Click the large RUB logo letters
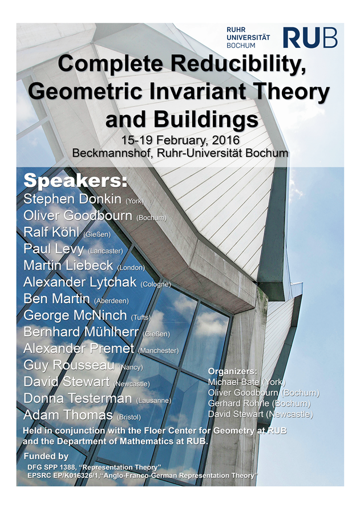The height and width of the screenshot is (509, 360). pyautogui.click(x=310, y=38)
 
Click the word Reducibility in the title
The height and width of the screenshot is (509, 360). pyautogui.click(x=236, y=64)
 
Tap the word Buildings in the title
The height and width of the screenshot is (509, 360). pyautogui.click(x=207, y=120)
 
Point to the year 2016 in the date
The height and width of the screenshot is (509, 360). pyautogui.click(x=226, y=140)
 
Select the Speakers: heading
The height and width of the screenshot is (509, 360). pyautogui.click(x=75, y=181)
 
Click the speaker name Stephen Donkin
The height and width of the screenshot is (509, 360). pyautogui.click(x=72, y=199)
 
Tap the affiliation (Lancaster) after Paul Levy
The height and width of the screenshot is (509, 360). pyautogui.click(x=106, y=251)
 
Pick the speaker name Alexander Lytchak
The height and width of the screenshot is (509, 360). pyautogui.click(x=80, y=282)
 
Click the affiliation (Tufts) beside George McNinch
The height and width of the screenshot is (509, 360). pyautogui.click(x=141, y=317)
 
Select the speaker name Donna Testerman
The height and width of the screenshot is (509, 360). pyautogui.click(x=78, y=398)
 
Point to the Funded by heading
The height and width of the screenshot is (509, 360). pyautogui.click(x=46, y=456)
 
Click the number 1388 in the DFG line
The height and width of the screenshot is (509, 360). pyautogui.click(x=66, y=467)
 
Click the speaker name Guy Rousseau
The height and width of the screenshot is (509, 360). pyautogui.click(x=69, y=365)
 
